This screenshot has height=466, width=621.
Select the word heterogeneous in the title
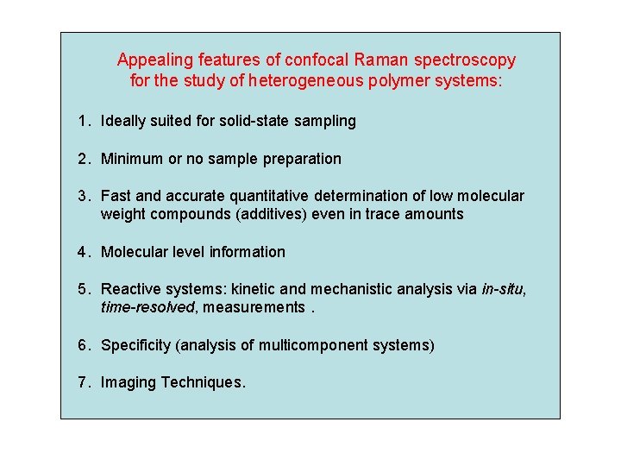pyautogui.click(x=303, y=82)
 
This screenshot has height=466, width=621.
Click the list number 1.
pyautogui.click(x=82, y=121)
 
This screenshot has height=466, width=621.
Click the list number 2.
pyautogui.click(x=82, y=159)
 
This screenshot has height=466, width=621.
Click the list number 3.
pyautogui.click(x=82, y=197)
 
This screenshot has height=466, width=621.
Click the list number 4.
pyautogui.click(x=82, y=252)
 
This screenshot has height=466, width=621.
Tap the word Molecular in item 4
pyautogui.click(x=133, y=252)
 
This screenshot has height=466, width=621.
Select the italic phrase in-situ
pyautogui.click(x=502, y=290)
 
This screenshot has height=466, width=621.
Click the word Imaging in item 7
pyautogui.click(x=129, y=382)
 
